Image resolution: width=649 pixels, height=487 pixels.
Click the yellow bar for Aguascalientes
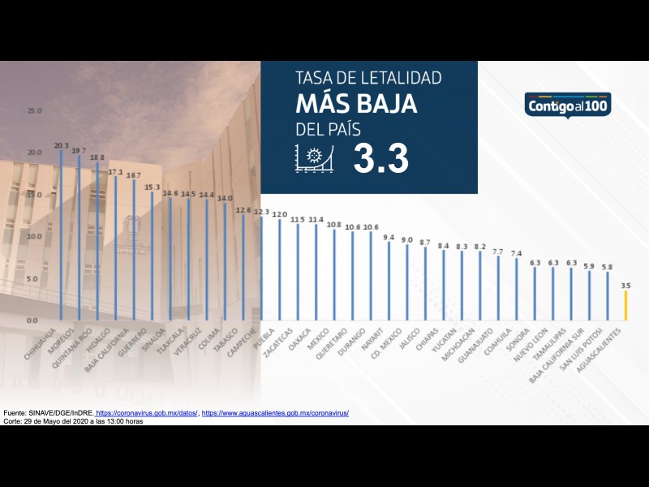coord(625,306)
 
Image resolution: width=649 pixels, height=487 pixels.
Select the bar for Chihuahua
coord(62,235)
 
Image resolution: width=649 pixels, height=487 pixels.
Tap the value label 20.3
coord(62,146)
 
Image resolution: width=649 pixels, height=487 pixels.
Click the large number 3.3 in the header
coord(380,159)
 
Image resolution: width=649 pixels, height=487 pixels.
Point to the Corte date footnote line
coord(73,421)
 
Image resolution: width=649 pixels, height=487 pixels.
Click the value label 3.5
coord(625,286)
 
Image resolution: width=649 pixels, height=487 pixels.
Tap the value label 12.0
coord(280,214)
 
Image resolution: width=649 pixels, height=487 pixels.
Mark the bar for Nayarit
coord(389,281)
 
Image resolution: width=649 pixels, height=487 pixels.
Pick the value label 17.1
coord(116,172)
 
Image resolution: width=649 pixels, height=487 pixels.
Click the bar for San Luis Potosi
coord(608,295)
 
